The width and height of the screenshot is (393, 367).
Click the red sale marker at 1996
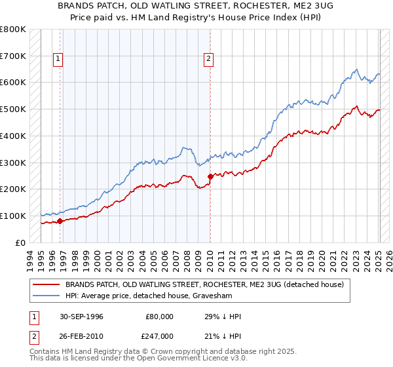60,221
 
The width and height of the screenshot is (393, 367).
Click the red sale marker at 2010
210,176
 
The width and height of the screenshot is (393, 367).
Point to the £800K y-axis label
12,29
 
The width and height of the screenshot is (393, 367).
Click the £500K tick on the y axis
12,109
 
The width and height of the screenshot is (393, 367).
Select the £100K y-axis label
12,216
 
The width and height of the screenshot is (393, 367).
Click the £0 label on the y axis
19,242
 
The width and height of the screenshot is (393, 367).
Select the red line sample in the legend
47,284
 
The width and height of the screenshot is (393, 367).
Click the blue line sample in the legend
47,296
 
